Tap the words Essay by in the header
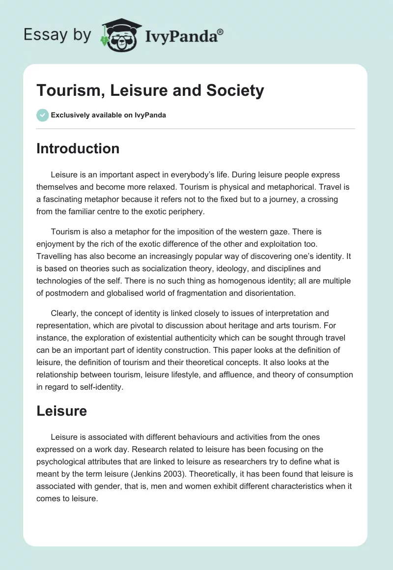click(57, 35)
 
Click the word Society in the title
click(234, 90)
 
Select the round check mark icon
click(42, 115)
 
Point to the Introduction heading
click(78, 148)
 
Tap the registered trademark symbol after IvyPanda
click(221, 32)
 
